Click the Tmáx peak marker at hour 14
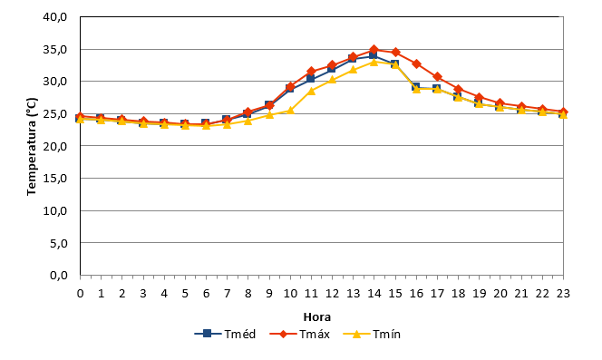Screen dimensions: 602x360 click(x=374, y=50)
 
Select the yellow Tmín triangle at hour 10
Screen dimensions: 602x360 click(x=290, y=111)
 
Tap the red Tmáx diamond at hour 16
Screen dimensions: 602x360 click(x=416, y=63)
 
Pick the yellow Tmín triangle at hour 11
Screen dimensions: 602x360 click(x=311, y=91)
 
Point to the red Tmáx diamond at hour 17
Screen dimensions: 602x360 click(x=437, y=77)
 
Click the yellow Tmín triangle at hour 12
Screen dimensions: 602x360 click(x=332, y=80)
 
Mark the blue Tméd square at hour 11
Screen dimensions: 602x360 click(x=311, y=79)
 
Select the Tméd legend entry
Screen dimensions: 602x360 click(x=225, y=334)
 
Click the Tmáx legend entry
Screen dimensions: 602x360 click(x=300, y=334)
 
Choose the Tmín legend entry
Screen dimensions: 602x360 click(x=372, y=334)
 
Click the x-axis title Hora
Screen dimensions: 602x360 click(x=317, y=317)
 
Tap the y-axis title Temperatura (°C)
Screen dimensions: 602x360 click(x=32, y=146)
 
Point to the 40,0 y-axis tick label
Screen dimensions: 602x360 click(x=55, y=17)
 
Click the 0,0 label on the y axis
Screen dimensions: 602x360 click(x=59, y=276)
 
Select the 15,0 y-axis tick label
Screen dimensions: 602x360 click(x=55, y=179)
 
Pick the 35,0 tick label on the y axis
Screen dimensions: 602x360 click(x=55, y=50)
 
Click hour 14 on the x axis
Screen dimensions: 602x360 click(x=374, y=294)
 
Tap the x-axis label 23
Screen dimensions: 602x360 click(x=563, y=294)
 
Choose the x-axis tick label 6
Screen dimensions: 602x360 click(x=206, y=294)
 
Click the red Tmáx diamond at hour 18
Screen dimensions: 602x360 click(x=458, y=89)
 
